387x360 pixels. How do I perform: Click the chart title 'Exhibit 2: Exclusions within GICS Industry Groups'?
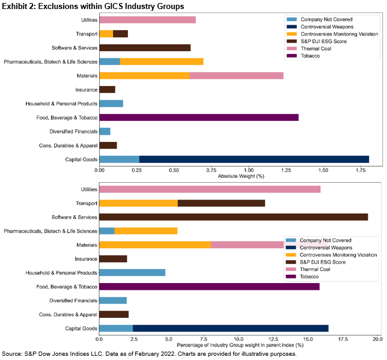tap(93, 6)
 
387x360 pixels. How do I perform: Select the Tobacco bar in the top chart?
tap(199, 117)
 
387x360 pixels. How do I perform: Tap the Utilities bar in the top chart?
tap(147, 20)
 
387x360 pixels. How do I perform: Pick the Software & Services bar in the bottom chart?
tap(233, 217)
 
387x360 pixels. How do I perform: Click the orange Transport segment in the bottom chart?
tap(138, 203)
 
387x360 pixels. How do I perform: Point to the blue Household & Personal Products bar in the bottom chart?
tap(132, 272)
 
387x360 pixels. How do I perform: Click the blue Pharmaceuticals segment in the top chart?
tap(109, 61)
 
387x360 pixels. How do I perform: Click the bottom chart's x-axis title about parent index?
tap(237, 347)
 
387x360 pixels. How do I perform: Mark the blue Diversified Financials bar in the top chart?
tap(105, 131)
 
